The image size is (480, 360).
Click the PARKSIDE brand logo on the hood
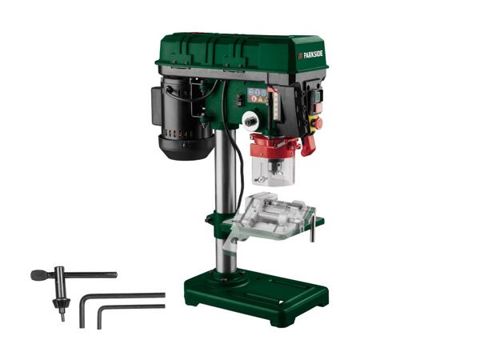(x=310, y=54)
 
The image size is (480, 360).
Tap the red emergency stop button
(x=318, y=124)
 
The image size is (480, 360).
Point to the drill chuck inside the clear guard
(x=276, y=168)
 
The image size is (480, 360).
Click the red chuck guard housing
(x=274, y=146)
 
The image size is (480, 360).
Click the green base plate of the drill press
(x=256, y=296)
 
